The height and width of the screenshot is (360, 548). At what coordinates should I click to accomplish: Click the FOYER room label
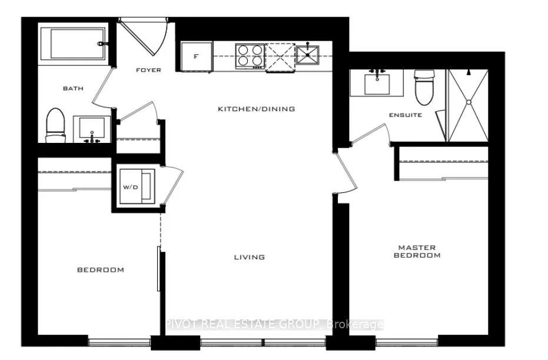[x=148, y=70]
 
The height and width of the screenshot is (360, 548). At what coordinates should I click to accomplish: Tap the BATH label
[x=73, y=88]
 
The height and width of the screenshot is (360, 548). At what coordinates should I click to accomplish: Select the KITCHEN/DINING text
[x=257, y=109]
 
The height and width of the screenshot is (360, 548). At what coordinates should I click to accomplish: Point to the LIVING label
[x=249, y=257]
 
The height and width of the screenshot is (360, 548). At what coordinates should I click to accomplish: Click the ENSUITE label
[x=406, y=115]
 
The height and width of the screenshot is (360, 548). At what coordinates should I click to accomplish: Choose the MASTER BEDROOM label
[x=417, y=251]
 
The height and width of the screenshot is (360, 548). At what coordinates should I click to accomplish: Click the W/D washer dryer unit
[x=137, y=186]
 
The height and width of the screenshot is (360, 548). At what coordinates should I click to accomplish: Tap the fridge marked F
[x=197, y=56]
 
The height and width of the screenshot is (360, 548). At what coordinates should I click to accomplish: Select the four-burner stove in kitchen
[x=250, y=56]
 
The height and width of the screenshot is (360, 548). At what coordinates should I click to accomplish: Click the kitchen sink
[x=307, y=55]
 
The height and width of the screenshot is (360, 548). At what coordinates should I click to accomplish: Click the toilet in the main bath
[x=56, y=125]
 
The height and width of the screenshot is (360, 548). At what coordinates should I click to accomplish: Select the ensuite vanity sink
[x=377, y=84]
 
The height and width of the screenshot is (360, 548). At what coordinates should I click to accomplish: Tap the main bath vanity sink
[x=92, y=128]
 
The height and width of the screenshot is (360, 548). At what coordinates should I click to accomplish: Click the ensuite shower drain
[x=469, y=102]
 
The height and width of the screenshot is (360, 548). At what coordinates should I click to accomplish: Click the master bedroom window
[x=407, y=342]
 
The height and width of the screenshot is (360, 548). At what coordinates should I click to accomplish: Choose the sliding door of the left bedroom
[x=159, y=268]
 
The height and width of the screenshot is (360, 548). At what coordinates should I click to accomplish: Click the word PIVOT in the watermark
[x=182, y=325]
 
